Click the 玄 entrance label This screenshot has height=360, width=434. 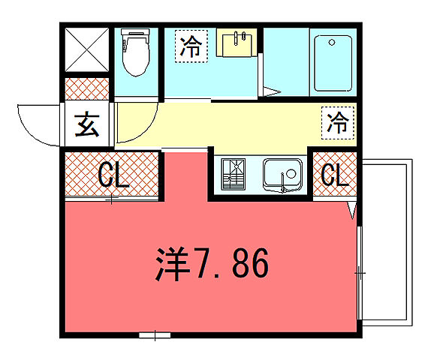pyautogui.click(x=87, y=124)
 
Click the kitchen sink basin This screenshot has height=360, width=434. pyautogui.click(x=282, y=175)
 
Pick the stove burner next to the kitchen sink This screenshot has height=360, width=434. pyautogui.click(x=237, y=175)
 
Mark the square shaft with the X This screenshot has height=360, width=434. pyautogui.click(x=87, y=52)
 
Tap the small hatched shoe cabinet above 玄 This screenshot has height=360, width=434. pyautogui.click(x=87, y=89)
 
